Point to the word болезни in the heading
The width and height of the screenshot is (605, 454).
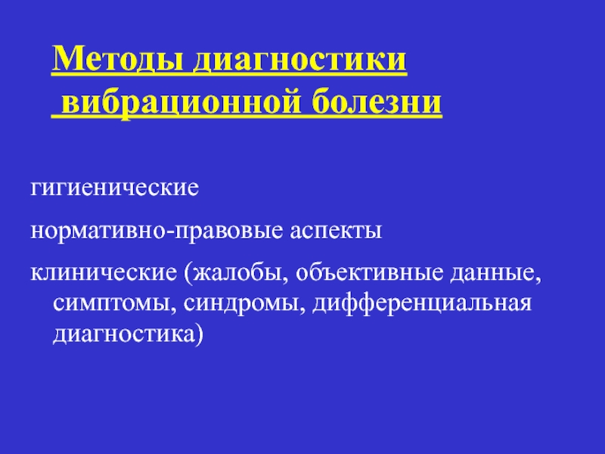[377, 102]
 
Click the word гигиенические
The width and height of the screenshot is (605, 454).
[115, 188]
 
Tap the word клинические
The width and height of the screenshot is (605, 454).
[104, 272]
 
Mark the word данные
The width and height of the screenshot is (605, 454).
[492, 273]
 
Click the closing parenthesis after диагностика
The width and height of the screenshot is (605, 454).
[199, 334]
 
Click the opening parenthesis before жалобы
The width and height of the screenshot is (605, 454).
[188, 273]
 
